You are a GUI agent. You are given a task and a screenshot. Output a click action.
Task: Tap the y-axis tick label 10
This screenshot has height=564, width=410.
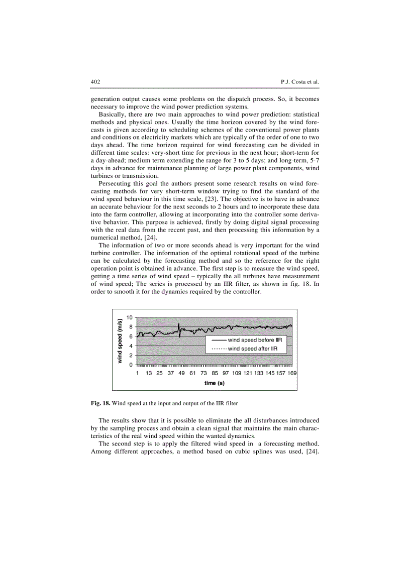click(x=129, y=317)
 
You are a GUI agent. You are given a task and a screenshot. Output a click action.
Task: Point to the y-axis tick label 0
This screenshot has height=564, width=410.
click(x=131, y=365)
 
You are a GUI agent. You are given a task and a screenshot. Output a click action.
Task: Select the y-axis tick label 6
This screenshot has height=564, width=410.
click(x=131, y=336)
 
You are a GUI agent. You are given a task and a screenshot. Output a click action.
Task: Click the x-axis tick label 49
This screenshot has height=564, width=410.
click(x=181, y=373)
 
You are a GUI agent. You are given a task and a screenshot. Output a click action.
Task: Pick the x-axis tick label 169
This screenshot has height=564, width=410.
click(x=292, y=373)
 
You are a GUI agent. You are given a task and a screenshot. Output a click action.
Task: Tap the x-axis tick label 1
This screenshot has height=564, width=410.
click(x=138, y=373)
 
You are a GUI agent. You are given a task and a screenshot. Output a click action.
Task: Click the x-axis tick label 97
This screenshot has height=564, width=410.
click(x=226, y=373)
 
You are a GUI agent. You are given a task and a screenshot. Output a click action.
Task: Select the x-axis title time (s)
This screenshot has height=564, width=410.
click(x=214, y=383)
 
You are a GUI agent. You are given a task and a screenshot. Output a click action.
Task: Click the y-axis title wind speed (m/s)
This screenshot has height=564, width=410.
click(x=120, y=341)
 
